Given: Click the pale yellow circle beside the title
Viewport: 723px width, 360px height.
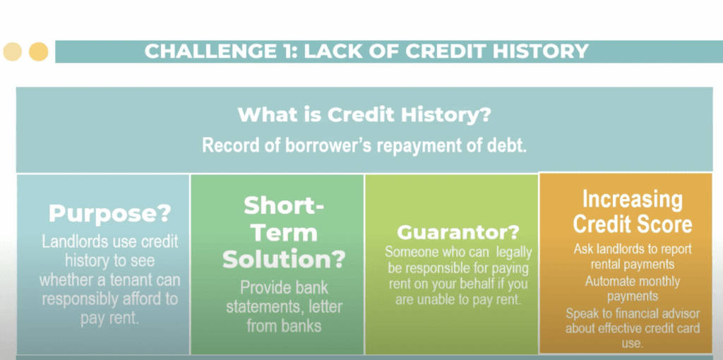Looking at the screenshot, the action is [x=13, y=52].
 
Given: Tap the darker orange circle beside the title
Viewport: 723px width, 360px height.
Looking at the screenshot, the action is [x=39, y=52].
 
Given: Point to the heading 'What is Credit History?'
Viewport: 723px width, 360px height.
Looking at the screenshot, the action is [x=364, y=114].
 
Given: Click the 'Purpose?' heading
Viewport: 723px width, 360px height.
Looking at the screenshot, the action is [x=109, y=213].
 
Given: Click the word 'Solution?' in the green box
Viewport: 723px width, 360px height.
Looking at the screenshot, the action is [x=284, y=259].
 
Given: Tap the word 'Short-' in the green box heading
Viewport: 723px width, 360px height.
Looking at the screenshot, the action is [x=284, y=205].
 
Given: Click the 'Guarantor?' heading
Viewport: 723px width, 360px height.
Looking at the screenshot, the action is [x=458, y=233].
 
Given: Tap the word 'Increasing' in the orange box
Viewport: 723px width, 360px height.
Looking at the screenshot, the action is [x=633, y=200].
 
